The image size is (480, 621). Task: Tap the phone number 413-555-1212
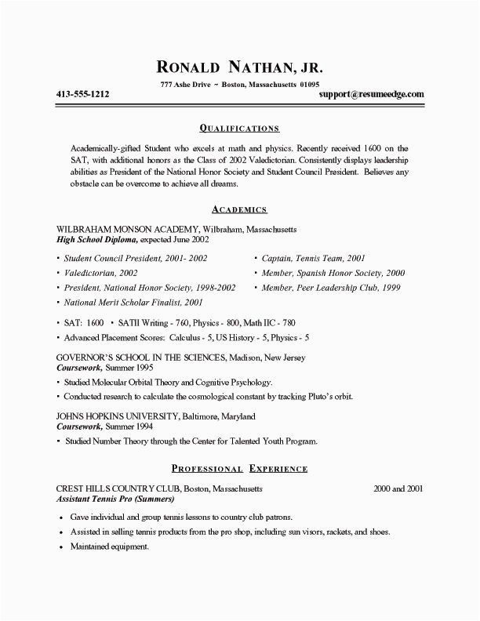click(x=82, y=94)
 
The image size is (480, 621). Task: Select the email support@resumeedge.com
click(x=372, y=94)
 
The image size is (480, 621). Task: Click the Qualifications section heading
click(x=239, y=127)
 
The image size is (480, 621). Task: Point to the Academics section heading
click(x=239, y=209)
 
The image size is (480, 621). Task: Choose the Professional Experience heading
click(x=239, y=468)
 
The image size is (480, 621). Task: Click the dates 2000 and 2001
click(x=398, y=488)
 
